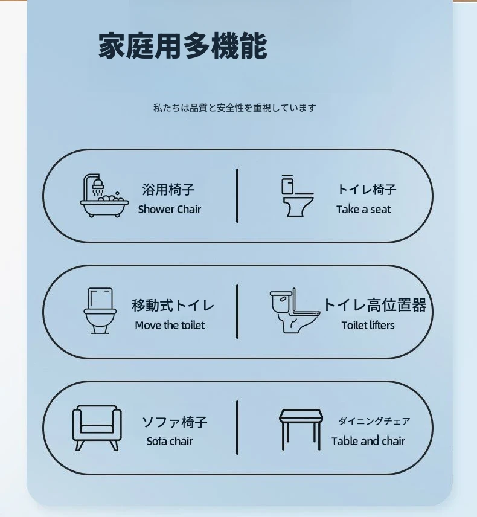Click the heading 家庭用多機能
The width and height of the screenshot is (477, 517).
point(182,46)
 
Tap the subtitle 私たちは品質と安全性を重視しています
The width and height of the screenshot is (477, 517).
point(235,108)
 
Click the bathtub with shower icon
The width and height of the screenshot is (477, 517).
point(104,195)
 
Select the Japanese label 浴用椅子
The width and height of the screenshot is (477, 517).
point(168,190)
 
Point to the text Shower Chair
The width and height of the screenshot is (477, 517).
point(170,210)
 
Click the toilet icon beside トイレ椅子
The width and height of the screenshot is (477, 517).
point(297,196)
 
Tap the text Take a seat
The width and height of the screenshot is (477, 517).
point(363,210)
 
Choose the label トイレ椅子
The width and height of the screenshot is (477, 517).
point(367,190)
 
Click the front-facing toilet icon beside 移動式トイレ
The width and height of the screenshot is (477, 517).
point(100,310)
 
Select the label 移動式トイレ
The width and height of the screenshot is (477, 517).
point(173,306)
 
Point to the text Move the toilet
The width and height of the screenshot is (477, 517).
point(170,326)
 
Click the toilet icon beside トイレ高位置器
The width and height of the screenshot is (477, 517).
point(295,310)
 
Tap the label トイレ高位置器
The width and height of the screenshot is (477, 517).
point(375,305)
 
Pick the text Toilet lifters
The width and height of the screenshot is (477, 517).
point(368,326)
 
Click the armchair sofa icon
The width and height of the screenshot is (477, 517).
point(97,428)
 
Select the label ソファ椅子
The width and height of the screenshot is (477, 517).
point(174,422)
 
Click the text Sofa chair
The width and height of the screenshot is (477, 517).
point(170,441)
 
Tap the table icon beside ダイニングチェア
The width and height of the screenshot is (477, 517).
point(301,429)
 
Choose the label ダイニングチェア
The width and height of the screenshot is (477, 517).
point(374,421)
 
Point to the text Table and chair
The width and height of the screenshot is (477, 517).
point(368,441)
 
